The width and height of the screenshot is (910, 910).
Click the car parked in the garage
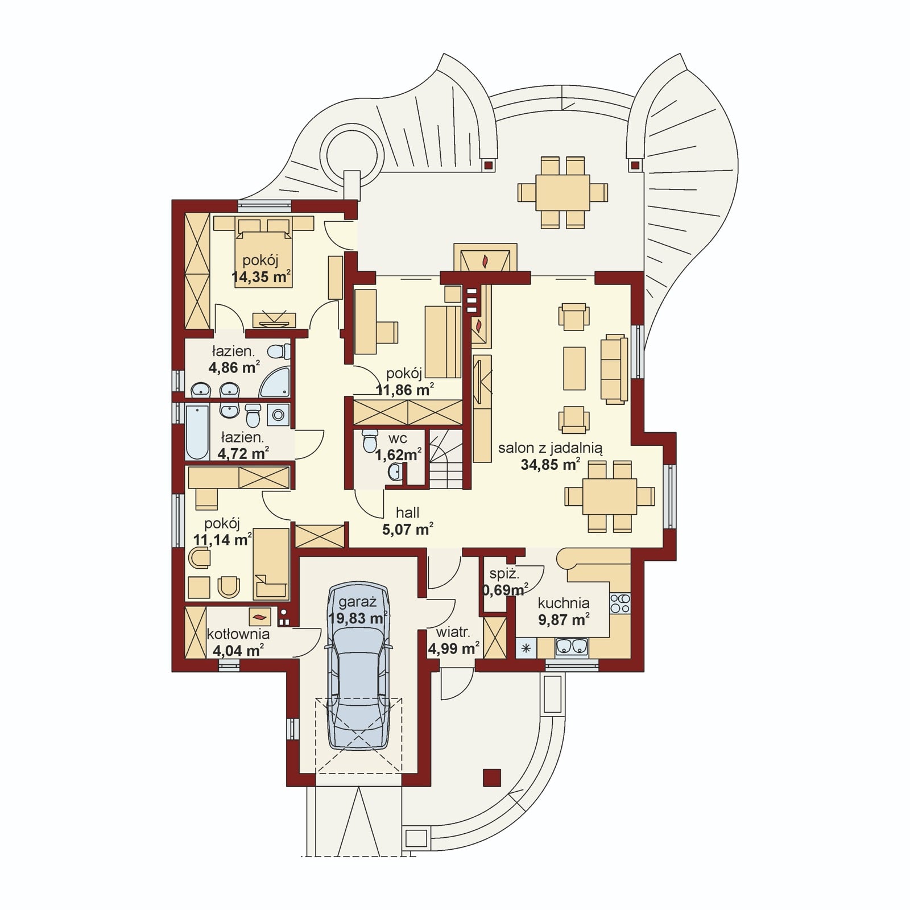(x=358, y=671)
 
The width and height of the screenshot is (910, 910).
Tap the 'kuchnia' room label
(x=563, y=603)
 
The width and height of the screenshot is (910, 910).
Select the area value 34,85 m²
(x=550, y=465)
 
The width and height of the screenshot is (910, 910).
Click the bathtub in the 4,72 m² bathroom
(x=197, y=432)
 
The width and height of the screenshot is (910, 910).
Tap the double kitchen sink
(x=572, y=647)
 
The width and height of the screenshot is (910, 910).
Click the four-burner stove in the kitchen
(x=620, y=603)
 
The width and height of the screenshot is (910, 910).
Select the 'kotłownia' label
(x=238, y=634)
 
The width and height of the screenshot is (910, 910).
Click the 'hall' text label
(x=407, y=512)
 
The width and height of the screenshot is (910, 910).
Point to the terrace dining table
(x=563, y=192)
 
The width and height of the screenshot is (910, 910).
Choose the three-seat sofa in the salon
(x=614, y=369)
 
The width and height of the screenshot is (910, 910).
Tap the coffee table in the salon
(x=574, y=368)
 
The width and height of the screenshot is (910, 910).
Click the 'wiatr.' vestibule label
(x=453, y=632)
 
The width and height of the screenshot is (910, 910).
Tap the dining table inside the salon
(x=609, y=497)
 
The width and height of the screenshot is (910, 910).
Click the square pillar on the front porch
(x=492, y=777)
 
